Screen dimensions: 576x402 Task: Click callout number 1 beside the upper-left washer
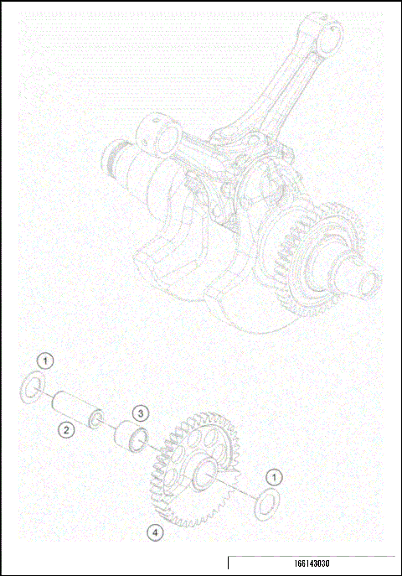click(47, 361)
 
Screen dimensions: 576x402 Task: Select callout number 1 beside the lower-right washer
click(272, 477)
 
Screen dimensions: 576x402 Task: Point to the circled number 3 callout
click(141, 413)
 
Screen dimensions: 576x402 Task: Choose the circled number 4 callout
click(153, 532)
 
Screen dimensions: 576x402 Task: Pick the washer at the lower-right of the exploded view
click(266, 504)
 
